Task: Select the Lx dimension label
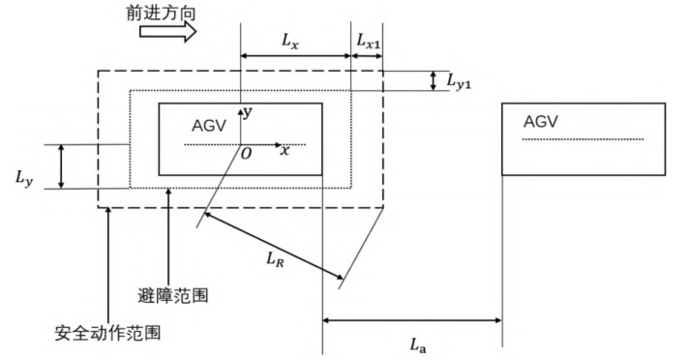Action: pos(290,42)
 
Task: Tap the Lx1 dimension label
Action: pos(368,42)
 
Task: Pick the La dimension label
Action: pos(419,342)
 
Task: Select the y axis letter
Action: pos(248,112)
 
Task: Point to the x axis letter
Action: pos(285,151)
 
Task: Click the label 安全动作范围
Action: pos(105,335)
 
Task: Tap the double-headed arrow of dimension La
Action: pos(411,319)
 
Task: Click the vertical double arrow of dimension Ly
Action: pos(61,166)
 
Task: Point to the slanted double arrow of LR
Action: pos(274,246)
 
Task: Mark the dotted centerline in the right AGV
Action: pos(584,139)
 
